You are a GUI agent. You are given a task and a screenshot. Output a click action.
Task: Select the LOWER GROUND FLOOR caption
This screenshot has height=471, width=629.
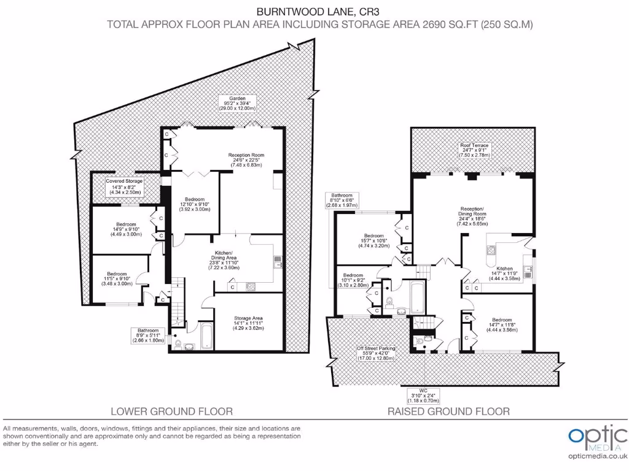tap(171, 411)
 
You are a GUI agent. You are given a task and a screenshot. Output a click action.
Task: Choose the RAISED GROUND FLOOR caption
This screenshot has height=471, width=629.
tap(448, 411)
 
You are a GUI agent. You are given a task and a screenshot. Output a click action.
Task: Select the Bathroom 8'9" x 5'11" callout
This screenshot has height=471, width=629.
tap(148, 335)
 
